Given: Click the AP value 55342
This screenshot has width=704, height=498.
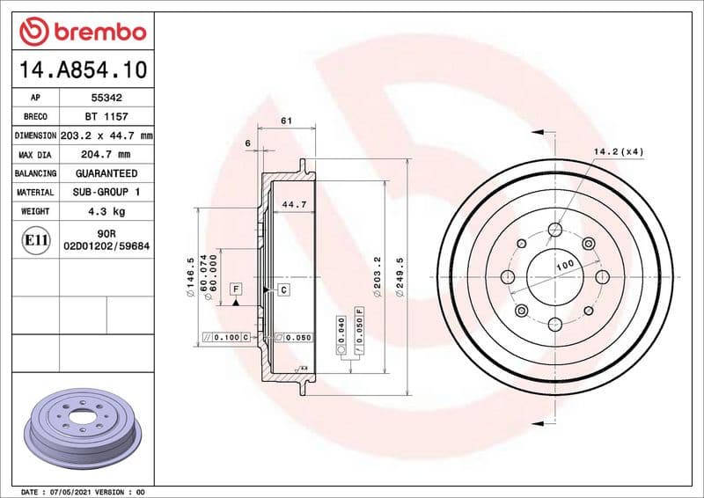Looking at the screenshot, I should click(x=107, y=99).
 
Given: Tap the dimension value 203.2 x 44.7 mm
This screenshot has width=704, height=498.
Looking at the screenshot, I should click(x=107, y=136).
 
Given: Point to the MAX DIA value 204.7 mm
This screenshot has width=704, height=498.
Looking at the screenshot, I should click(x=107, y=155).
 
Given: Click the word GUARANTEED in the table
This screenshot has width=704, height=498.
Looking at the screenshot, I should click(x=107, y=173).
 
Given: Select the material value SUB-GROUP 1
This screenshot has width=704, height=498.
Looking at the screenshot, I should click(x=107, y=192).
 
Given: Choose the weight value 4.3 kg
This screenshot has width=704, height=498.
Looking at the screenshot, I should click(x=107, y=211).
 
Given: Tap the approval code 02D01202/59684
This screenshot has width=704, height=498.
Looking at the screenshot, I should click(x=107, y=247).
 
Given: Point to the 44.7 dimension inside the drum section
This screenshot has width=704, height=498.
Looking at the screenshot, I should click(x=293, y=204).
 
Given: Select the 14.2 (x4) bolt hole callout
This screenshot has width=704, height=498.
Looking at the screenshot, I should click(x=619, y=151).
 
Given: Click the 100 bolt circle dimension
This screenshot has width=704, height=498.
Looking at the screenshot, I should click(x=564, y=264).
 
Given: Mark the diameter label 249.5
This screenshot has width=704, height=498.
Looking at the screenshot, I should click(x=400, y=275).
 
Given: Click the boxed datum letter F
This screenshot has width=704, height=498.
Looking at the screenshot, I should click(x=236, y=289).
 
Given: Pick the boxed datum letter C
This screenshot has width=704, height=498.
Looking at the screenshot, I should click(x=284, y=289).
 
